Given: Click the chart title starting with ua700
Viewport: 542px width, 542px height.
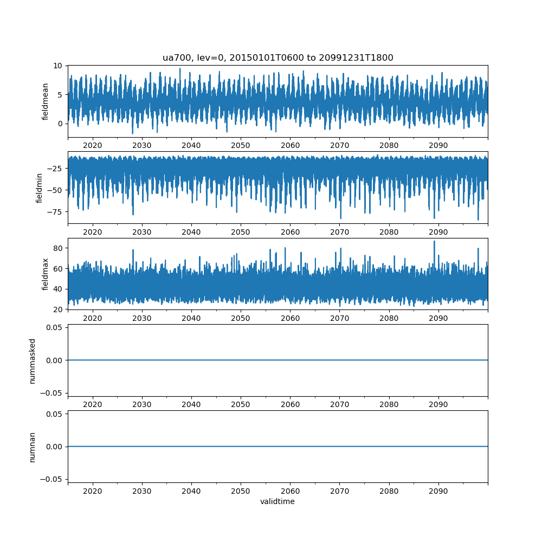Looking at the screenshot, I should coord(278,57).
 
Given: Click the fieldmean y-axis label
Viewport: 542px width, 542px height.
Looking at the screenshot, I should coord(46,101).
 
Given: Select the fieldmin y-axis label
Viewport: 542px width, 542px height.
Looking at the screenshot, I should coord(39,188).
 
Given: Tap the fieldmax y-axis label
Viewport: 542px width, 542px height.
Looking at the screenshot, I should coord(46,274).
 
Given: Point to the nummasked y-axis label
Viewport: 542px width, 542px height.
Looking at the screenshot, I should coord(33,360).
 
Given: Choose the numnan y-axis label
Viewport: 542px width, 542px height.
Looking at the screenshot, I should coord(33,447).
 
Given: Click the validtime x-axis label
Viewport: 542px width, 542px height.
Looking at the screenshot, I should coord(278,502).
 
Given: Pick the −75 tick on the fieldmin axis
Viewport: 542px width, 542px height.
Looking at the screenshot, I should coord(55,212).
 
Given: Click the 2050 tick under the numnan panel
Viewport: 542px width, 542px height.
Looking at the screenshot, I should coord(241,491).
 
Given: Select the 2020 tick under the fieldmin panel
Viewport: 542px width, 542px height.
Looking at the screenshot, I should coord(93,232).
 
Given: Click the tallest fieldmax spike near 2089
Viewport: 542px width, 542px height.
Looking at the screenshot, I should coord(434,241).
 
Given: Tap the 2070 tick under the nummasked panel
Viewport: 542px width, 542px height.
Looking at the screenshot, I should coord(339,405).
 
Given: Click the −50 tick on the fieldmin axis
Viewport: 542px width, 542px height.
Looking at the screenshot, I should coord(55,190).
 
